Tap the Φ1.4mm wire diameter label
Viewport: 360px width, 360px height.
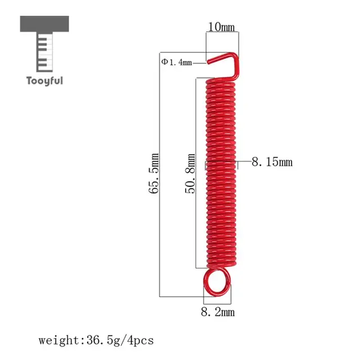(x=177, y=62)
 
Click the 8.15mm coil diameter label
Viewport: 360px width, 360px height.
(x=272, y=163)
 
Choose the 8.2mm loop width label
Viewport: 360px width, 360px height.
(x=218, y=310)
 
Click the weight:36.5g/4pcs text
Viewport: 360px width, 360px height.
(x=96, y=340)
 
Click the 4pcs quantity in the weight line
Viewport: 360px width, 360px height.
(x=140, y=340)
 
